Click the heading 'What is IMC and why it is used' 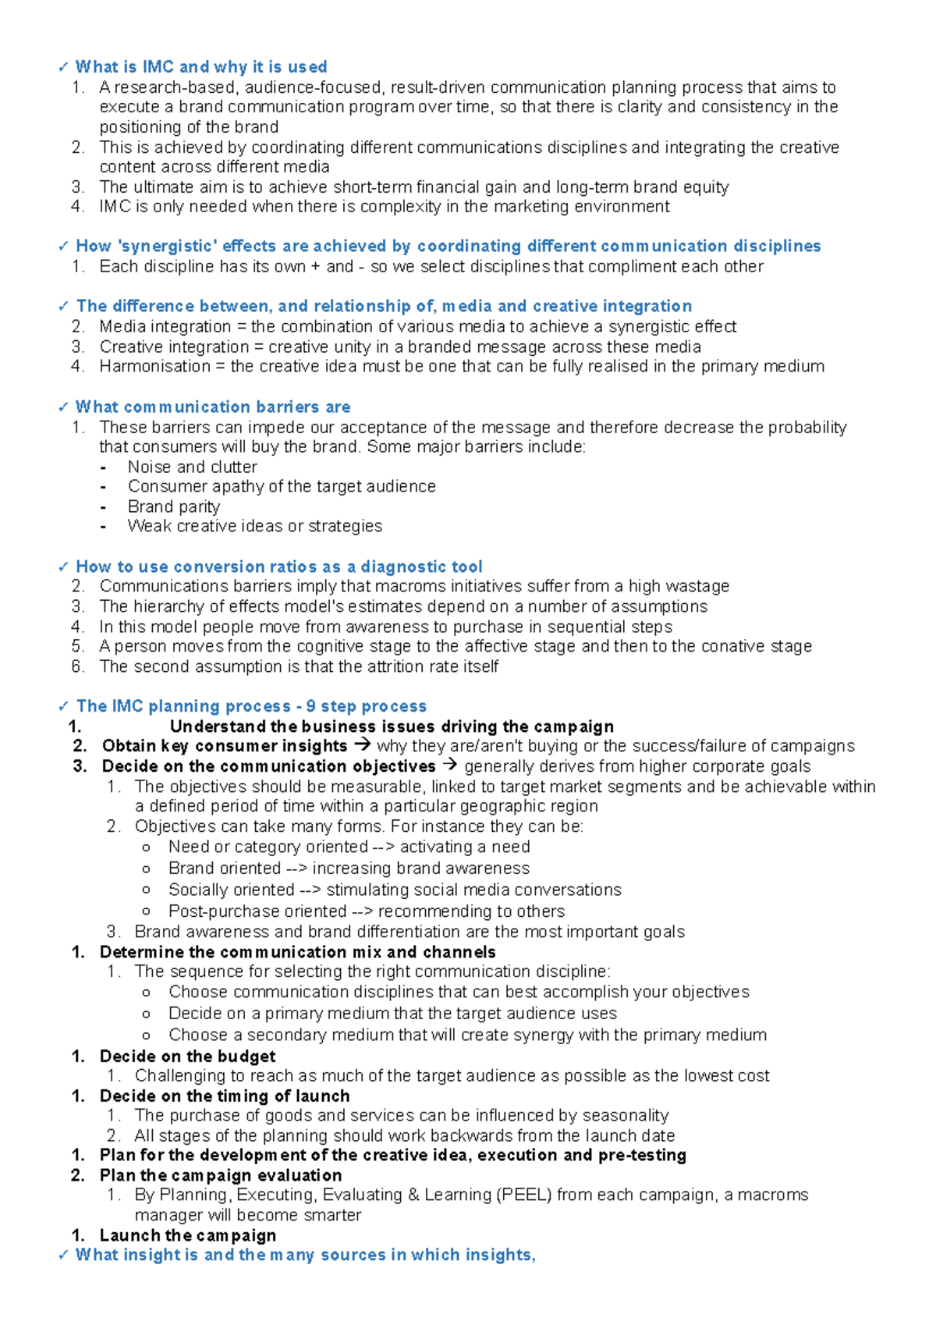(200, 67)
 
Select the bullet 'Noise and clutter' (192, 467)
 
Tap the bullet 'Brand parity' (173, 506)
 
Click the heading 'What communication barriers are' (212, 407)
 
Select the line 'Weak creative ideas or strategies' (254, 526)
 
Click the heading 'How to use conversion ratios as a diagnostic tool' (278, 567)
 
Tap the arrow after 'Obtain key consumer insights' (362, 745)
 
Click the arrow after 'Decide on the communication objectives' (450, 766)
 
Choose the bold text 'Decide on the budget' (187, 1057)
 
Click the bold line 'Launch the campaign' (187, 1235)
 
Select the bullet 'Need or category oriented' (268, 847)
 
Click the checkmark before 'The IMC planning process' (64, 707)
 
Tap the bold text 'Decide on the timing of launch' (224, 1096)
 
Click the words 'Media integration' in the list (165, 326)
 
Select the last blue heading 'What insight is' (304, 1255)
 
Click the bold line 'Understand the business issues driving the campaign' (392, 726)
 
